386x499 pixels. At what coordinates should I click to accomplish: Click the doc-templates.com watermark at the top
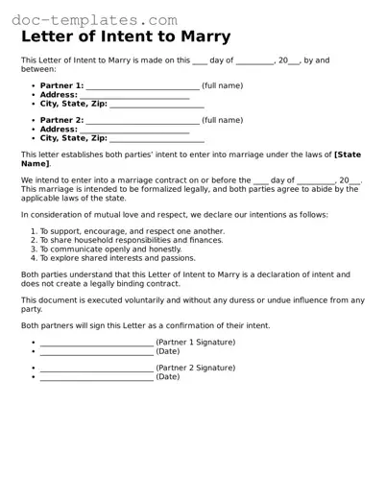coord(95,19)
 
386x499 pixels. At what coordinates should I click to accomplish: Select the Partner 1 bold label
coord(61,86)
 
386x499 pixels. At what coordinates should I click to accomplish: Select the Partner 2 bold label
coord(61,121)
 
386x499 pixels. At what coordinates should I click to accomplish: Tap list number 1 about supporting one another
coord(33,231)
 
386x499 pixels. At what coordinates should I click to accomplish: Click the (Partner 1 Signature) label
coord(196,343)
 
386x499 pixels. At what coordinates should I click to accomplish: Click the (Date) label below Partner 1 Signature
coord(168,351)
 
